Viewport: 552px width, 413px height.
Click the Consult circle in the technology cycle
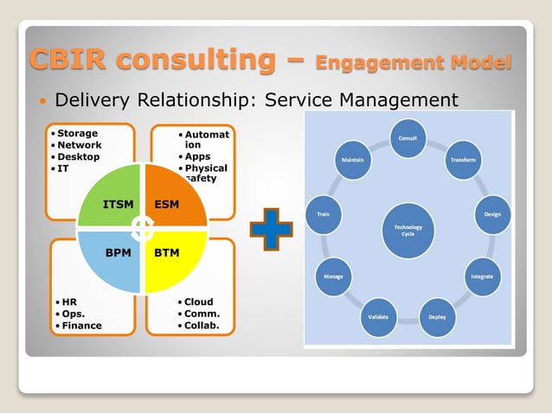click(x=408, y=139)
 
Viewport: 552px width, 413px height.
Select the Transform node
click(x=462, y=161)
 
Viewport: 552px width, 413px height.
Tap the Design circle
click(x=492, y=214)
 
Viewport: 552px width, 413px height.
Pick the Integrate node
click(x=481, y=276)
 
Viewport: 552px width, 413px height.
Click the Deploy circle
click(x=437, y=316)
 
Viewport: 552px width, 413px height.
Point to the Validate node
click(x=378, y=316)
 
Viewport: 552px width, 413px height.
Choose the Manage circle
click(x=333, y=276)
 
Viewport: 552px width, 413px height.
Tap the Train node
click(x=323, y=214)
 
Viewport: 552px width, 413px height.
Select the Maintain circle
click(x=352, y=161)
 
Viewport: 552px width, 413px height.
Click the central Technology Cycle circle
click(x=408, y=230)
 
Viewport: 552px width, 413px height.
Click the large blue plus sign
click(x=271, y=229)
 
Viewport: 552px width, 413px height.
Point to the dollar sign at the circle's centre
click(x=143, y=228)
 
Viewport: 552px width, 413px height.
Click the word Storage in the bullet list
click(x=78, y=134)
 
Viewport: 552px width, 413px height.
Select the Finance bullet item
click(x=80, y=326)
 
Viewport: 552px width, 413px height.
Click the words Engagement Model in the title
click(x=414, y=63)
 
